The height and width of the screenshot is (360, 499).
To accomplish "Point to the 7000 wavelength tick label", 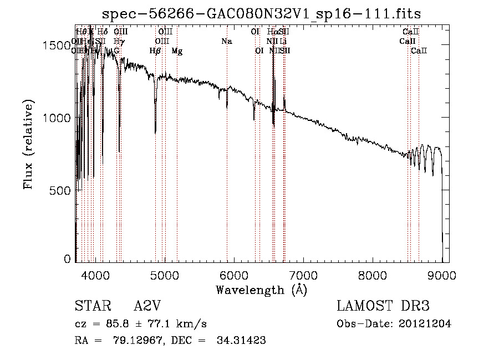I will tap(303, 275).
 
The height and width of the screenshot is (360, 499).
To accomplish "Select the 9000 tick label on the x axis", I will tap(442, 275).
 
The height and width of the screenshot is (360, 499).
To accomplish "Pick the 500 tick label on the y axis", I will tap(62, 190).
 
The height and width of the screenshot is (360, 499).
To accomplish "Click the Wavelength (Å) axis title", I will tap(261, 290).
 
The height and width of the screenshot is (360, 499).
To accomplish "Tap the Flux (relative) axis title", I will tap(29, 144).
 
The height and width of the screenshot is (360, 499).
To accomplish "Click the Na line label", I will tap(226, 42).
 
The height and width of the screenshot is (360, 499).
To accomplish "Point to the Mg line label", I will tap(177, 51).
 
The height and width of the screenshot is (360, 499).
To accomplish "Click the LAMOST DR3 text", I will tap(383, 306).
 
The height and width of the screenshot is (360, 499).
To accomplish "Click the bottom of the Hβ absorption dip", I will tap(155, 132).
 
